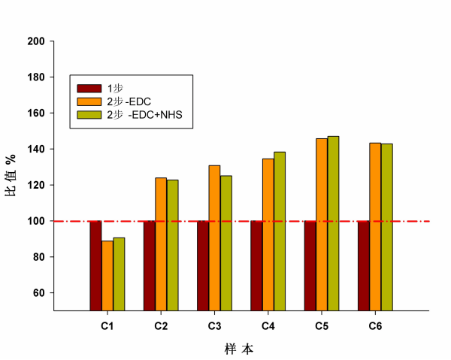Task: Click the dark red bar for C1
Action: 95,265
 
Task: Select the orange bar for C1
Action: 107,275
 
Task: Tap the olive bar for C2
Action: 173,244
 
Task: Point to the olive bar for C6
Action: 387,226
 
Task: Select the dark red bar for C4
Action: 256,265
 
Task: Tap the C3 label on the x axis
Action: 214,326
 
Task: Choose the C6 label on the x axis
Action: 376,326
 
